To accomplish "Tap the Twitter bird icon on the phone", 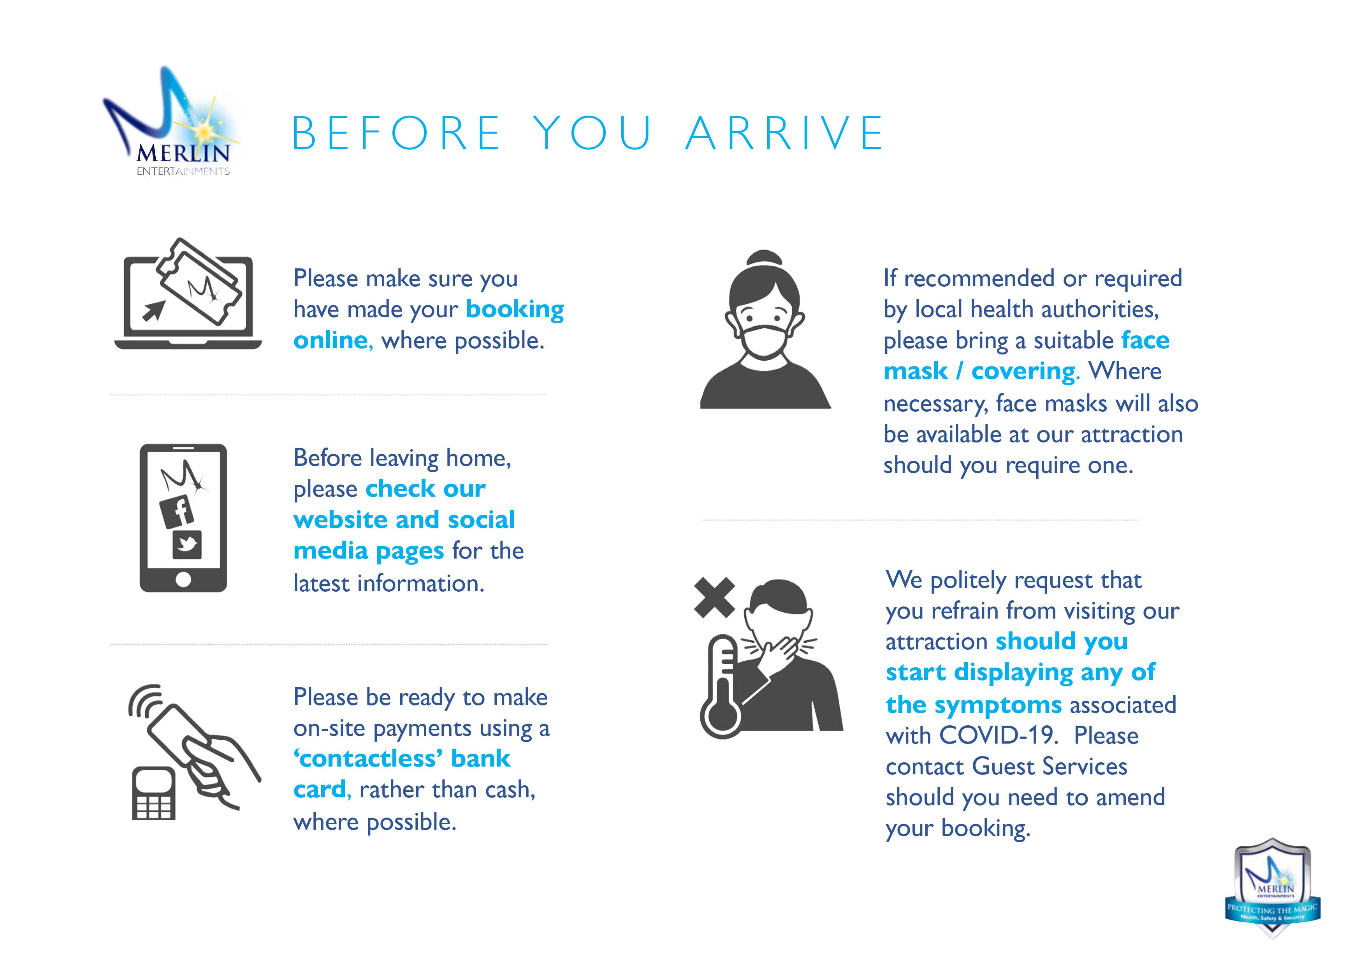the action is pyautogui.click(x=187, y=545).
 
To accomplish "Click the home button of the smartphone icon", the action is pyautogui.click(x=183, y=579).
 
